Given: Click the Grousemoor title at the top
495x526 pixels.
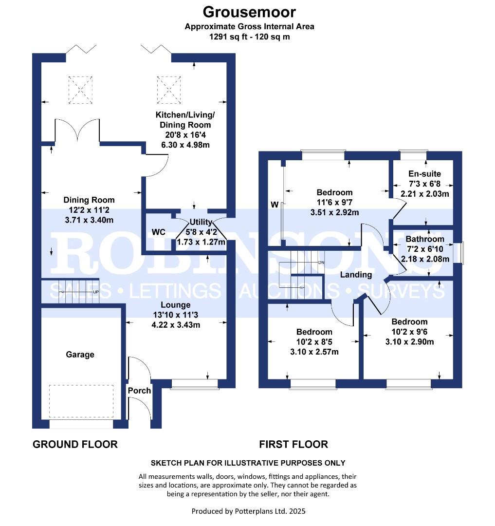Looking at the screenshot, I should [249, 11].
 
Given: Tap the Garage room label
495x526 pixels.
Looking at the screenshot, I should [80, 355].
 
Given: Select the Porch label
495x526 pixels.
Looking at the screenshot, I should [139, 391].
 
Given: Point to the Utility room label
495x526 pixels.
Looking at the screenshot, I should [202, 223].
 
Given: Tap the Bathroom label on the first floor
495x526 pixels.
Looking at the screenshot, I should [424, 239].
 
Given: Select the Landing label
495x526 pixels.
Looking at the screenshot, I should [356, 275].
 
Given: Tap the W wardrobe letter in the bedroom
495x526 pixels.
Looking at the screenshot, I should [274, 204].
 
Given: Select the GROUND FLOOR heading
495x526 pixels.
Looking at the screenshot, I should [75, 444].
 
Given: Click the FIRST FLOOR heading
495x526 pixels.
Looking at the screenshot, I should [293, 444].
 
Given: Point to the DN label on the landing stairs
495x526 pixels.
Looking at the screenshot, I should [321, 263].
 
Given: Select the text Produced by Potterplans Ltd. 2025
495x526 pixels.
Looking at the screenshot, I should [248, 511].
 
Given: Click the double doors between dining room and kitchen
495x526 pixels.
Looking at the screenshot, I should [78, 131].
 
